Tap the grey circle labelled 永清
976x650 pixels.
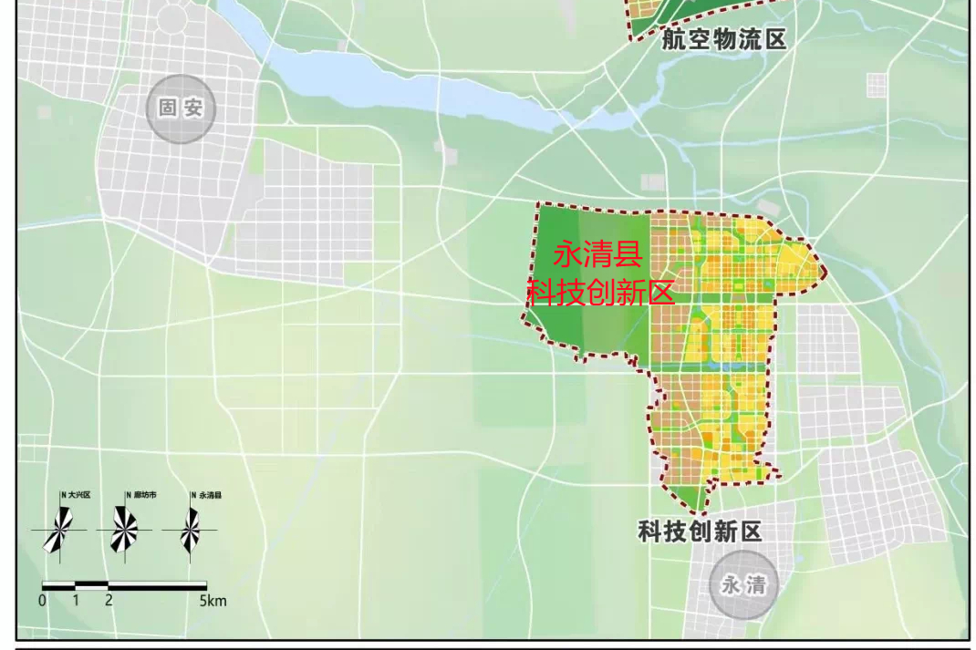click(743, 585)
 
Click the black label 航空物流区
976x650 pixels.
click(723, 39)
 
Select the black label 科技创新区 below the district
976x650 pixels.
click(700, 531)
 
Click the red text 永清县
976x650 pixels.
click(598, 253)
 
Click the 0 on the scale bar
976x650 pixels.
click(42, 601)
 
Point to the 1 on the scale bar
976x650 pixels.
click(76, 601)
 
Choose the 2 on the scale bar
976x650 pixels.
click(109, 601)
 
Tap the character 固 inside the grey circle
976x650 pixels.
click(168, 108)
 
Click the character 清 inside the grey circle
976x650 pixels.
click(755, 585)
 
